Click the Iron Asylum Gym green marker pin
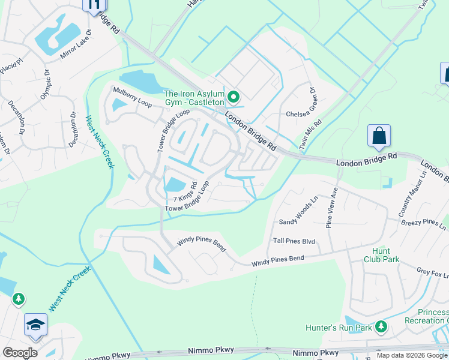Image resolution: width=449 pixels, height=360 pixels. tap(233, 96)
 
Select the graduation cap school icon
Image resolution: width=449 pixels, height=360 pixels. tap(35, 325)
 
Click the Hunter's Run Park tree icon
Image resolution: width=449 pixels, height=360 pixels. tap(380, 326)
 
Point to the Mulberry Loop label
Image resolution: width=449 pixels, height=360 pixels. tap(133, 96)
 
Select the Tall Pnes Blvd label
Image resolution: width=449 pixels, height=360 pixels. tap(294, 241)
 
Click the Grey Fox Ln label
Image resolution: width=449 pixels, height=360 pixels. tap(432, 274)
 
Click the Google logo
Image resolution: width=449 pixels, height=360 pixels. tap(20, 353)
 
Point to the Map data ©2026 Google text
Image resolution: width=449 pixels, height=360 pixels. tap(412, 355)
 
